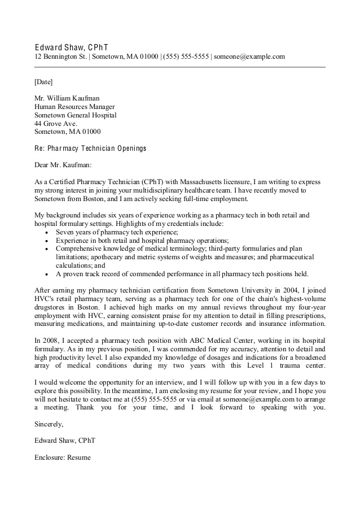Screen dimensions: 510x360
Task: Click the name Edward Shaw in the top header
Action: pyautogui.click(x=59, y=46)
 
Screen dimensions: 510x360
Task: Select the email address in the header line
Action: pyautogui.click(x=249, y=56)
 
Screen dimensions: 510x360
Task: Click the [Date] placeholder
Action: pyautogui.click(x=43, y=81)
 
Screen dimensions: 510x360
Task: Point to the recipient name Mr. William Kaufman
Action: pyautogui.click(x=67, y=98)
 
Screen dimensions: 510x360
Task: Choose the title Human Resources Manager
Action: pyautogui.click(x=74, y=106)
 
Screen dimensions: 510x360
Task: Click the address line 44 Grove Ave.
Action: pyautogui.click(x=55, y=123)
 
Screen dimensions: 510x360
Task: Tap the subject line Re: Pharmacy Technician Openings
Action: pyautogui.click(x=90, y=149)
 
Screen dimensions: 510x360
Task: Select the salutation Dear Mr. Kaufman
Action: pyautogui.click(x=63, y=165)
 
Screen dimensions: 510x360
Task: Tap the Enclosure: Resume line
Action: pyautogui.click(x=63, y=457)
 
